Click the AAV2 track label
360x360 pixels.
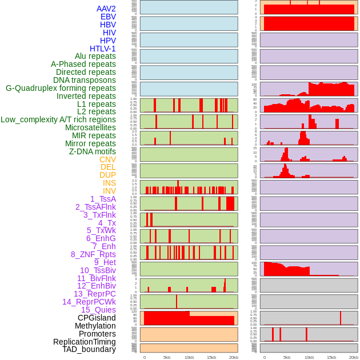click(106, 9)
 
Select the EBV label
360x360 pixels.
click(108, 17)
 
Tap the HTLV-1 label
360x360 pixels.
click(102, 49)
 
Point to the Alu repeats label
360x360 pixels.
click(95, 56)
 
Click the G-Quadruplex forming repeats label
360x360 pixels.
click(61, 88)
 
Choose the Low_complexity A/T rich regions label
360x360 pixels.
click(58, 119)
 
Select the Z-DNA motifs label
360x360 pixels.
click(92, 151)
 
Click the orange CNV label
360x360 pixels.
click(107, 159)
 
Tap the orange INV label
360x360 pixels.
click(109, 191)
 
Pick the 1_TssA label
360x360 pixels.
click(103, 199)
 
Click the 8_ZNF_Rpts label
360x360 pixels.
click(93, 254)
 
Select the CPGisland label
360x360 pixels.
click(97, 318)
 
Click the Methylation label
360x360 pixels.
click(95, 326)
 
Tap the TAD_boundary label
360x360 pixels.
click(89, 349)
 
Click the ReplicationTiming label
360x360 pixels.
click(85, 342)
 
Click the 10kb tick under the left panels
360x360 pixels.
click(189, 357)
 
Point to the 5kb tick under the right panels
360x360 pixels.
click(287, 357)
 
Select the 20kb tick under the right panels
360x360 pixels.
click(354, 357)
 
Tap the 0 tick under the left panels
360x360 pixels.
click(144, 357)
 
